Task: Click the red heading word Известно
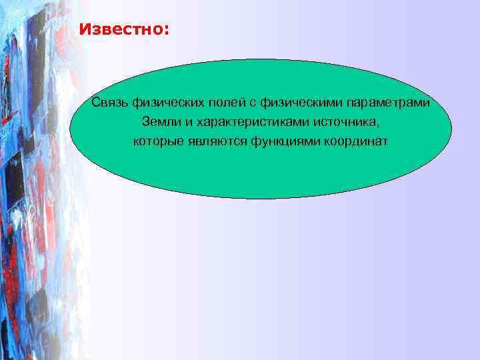coord(123,30)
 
